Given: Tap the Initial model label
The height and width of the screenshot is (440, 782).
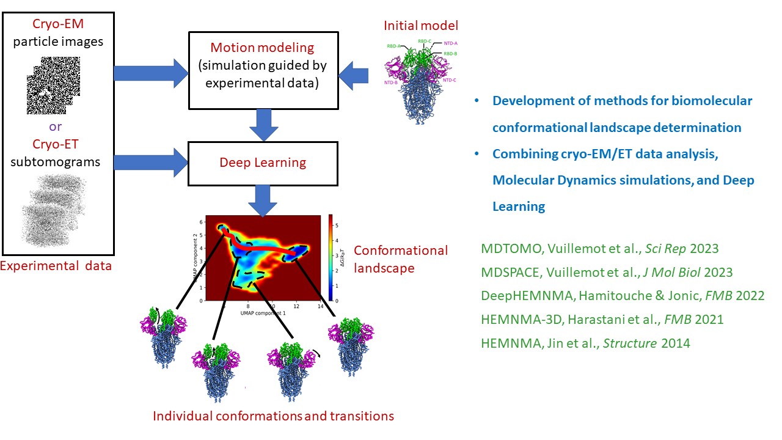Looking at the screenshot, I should pyautogui.click(x=420, y=26).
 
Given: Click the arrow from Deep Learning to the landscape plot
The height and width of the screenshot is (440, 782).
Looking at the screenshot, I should pyautogui.click(x=263, y=200).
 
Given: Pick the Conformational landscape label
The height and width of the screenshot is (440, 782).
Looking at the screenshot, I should pyautogui.click(x=400, y=259).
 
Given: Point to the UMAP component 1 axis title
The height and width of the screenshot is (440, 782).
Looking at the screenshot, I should pyautogui.click(x=263, y=313).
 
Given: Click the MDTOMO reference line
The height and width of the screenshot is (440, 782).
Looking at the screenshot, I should pyautogui.click(x=599, y=249).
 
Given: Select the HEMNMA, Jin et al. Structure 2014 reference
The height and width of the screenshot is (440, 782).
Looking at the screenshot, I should pyautogui.click(x=585, y=343).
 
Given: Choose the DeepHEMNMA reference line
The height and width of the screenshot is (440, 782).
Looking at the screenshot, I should pyautogui.click(x=623, y=296).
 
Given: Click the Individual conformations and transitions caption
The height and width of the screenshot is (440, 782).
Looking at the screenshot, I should pyautogui.click(x=273, y=416).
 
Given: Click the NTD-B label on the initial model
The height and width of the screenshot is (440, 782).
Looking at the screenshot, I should pyautogui.click(x=391, y=82).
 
